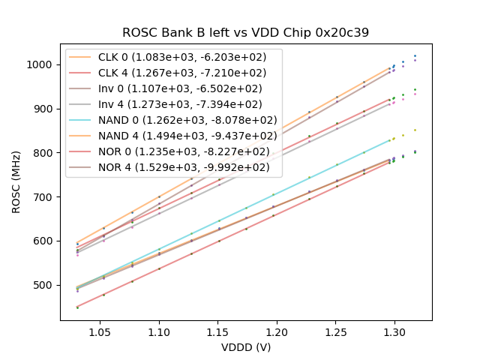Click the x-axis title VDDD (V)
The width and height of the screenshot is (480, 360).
click(x=245, y=347)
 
